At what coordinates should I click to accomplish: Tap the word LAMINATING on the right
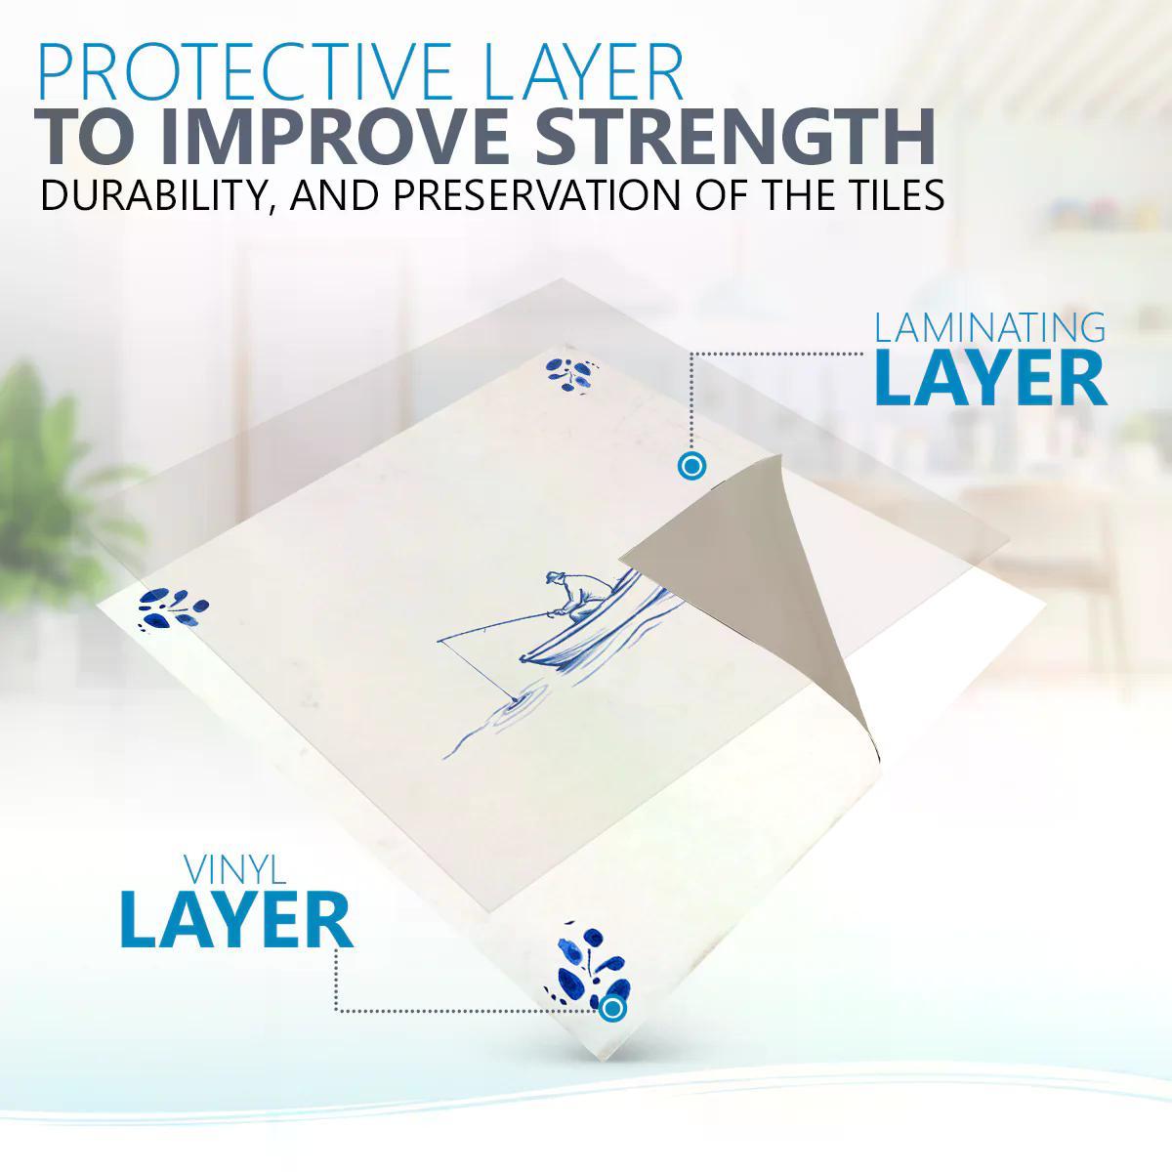pyautogui.click(x=989, y=327)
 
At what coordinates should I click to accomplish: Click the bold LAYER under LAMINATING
pyautogui.click(x=990, y=380)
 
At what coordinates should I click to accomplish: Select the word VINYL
pyautogui.click(x=235, y=870)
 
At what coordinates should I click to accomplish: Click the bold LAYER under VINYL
pyautogui.click(x=236, y=921)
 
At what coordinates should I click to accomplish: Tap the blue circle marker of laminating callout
pyautogui.click(x=691, y=467)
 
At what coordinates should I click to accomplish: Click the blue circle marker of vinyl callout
pyautogui.click(x=612, y=1008)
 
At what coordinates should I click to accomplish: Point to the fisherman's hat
pyautogui.click(x=554, y=578)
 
